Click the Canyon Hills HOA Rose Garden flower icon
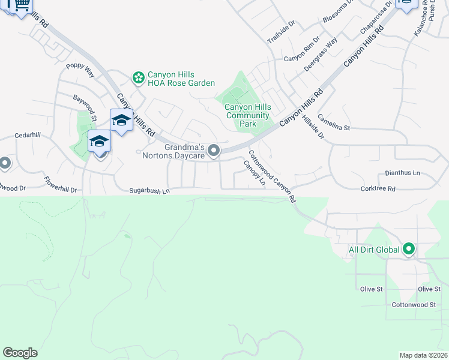[139, 77]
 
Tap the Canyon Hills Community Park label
[248, 115]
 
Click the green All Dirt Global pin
[409, 248]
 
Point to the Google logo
[20, 353]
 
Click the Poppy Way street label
[80, 70]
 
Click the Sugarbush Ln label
[149, 191]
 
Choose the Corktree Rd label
[378, 189]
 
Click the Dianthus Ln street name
[402, 173]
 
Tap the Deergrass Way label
[320, 55]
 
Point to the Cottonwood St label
[413, 305]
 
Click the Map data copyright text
[423, 355]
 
